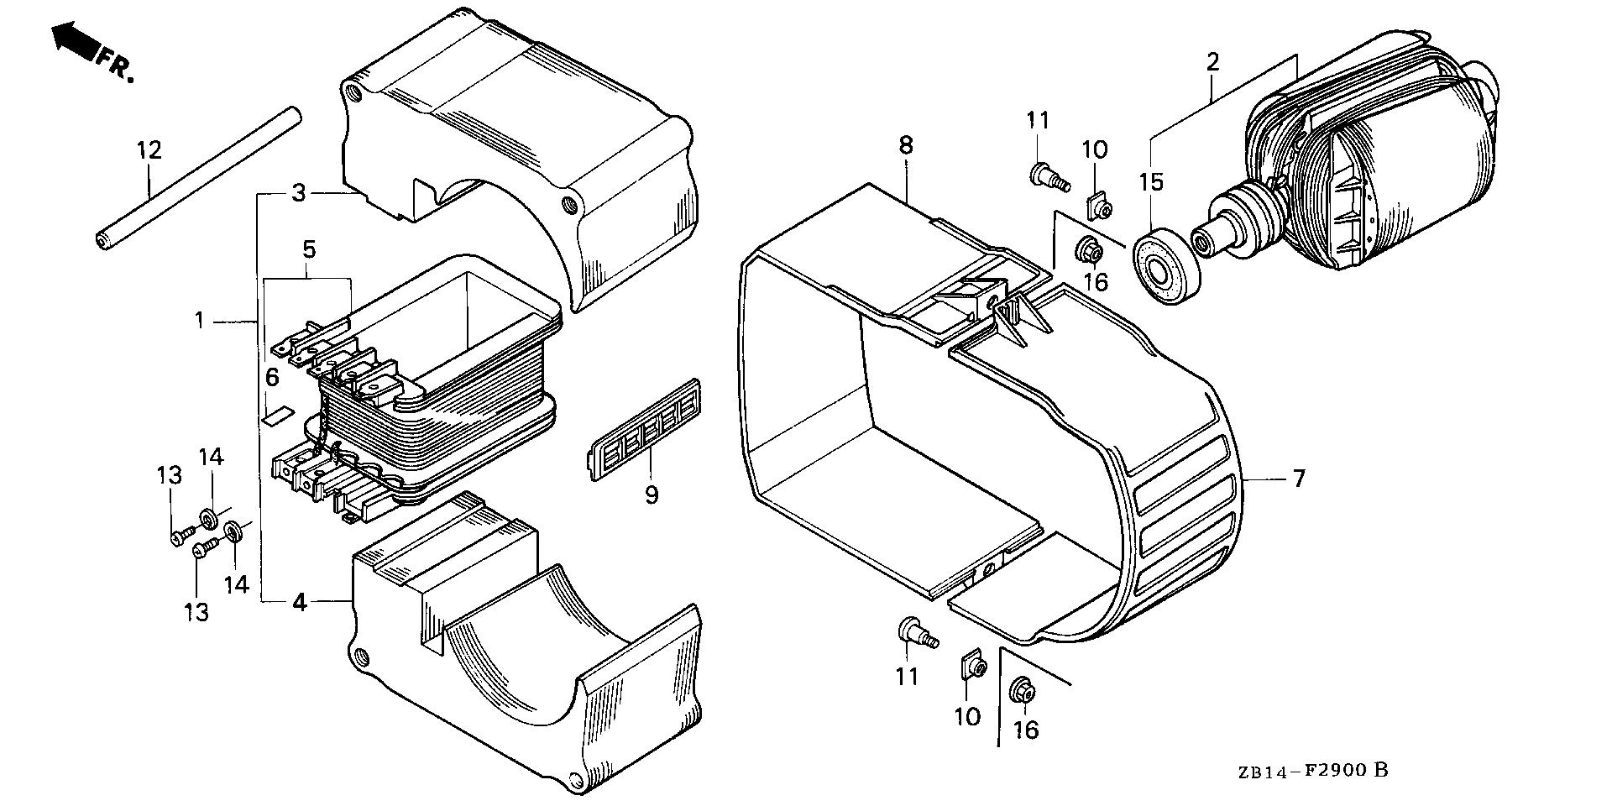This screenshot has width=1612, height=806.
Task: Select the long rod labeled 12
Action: [x=197, y=176]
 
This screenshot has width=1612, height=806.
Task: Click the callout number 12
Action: [x=149, y=151]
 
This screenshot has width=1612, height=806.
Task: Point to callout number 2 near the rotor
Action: [x=1212, y=62]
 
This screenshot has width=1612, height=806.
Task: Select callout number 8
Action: [x=905, y=145]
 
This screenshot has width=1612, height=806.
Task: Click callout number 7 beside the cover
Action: [x=1299, y=479]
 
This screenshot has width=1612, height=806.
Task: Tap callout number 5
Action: [x=309, y=249]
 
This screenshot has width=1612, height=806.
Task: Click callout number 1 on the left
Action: [x=200, y=320]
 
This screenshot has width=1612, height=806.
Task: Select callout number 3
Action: [x=299, y=193]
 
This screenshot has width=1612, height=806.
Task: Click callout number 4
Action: [x=300, y=601]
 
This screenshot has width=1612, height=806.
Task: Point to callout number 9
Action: [x=652, y=495]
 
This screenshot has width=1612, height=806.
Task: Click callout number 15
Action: [x=1150, y=182]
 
